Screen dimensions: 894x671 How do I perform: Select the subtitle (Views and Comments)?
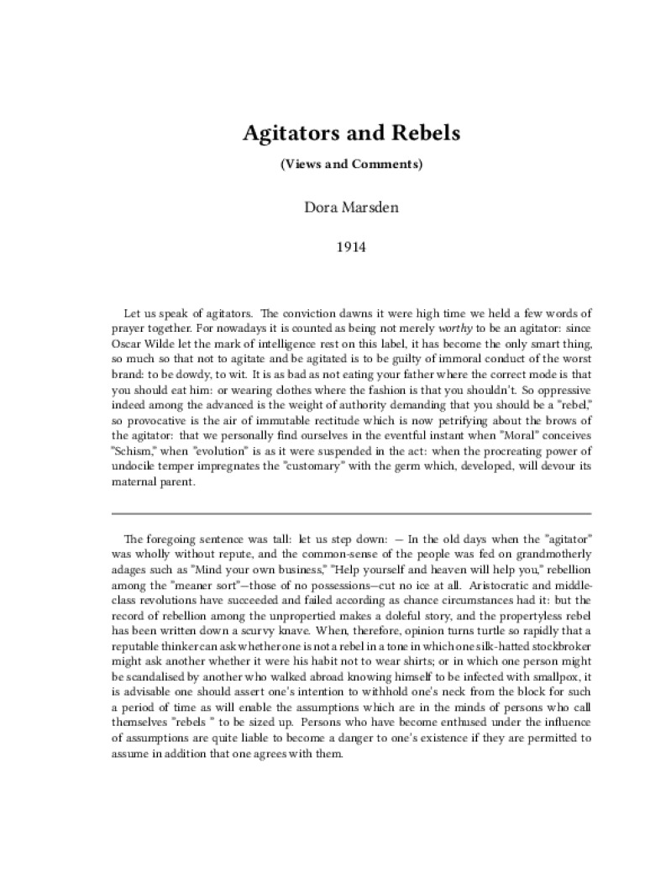[x=350, y=164]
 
